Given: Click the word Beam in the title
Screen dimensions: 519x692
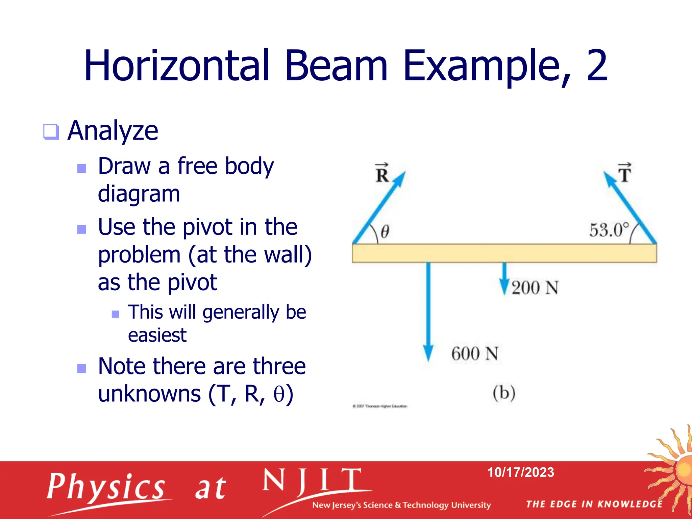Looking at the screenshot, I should point(336,66).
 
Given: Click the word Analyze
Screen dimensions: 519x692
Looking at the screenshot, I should point(113,131).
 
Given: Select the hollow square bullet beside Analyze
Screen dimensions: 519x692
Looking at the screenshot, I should point(51,132).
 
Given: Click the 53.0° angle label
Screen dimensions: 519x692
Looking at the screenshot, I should point(609,230).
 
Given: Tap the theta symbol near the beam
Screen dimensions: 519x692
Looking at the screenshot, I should point(385,232).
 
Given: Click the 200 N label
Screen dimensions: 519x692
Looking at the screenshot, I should point(535,288).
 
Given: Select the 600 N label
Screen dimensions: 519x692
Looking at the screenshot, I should point(475,354).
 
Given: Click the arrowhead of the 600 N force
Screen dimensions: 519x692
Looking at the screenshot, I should point(428,353).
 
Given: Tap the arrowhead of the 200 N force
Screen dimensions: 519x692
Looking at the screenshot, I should point(504,287).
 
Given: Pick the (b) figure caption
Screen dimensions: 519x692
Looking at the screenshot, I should point(504,393).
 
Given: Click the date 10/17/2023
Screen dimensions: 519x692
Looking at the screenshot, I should point(520,472).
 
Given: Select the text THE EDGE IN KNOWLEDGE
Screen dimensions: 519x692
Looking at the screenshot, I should point(594,504).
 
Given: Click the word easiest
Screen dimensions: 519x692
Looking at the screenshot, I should point(157,335).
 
